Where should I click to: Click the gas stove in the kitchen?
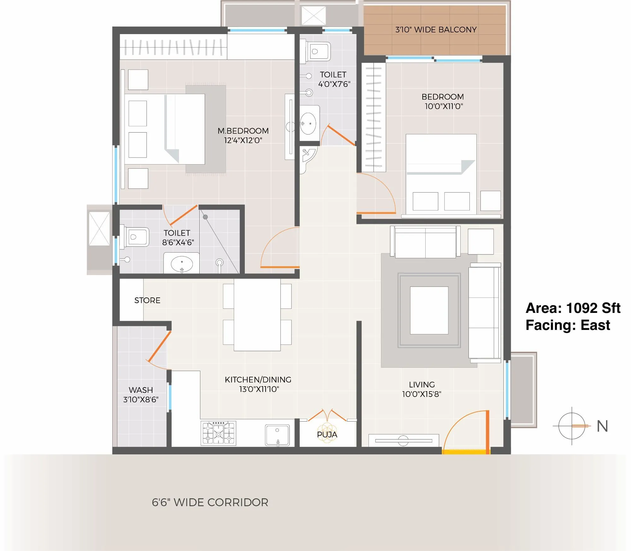pos(218,433)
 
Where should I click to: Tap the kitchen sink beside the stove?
pos(277,435)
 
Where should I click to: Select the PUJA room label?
pos(327,434)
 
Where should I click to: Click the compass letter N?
pos(602,426)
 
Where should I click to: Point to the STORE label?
pos(147,300)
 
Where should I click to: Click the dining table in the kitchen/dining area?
pos(257,314)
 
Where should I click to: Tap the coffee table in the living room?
pos(429,310)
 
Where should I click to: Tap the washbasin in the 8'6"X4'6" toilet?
pos(182,264)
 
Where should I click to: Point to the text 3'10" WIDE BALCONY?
pos(436,30)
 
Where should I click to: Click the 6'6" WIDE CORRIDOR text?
pos(210,502)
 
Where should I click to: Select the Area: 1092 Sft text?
pos(573,308)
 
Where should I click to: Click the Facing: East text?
pos(568,325)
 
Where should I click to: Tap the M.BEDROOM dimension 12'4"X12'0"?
pos(243,140)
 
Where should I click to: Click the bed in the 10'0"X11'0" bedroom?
pos(441,174)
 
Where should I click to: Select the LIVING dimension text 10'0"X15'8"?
pos(422,394)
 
